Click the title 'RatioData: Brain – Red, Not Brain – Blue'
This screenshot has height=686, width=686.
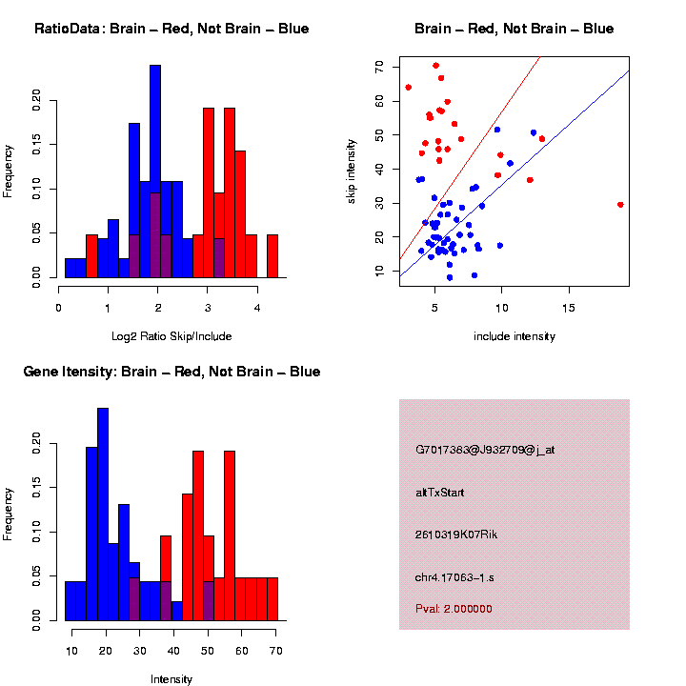[171, 29]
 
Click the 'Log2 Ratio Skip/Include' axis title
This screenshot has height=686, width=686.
[171, 336]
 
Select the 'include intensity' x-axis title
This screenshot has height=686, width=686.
[514, 336]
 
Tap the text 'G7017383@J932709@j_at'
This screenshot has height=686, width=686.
[485, 450]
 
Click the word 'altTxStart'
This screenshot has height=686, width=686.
[439, 493]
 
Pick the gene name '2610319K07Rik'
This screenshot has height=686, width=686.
[456, 535]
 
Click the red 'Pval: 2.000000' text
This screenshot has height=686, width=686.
[454, 609]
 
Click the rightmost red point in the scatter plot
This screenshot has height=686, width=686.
[620, 204]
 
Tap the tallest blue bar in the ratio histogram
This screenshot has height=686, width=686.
[155, 171]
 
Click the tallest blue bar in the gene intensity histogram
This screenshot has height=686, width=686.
[103, 514]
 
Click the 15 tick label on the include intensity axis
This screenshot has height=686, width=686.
[569, 308]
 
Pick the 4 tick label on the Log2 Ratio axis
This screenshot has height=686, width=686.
[257, 308]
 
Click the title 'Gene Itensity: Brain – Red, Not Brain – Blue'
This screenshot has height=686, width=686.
[171, 372]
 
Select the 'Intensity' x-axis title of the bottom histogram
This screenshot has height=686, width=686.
[171, 679]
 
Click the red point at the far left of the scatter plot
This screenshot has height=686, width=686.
[408, 87]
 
